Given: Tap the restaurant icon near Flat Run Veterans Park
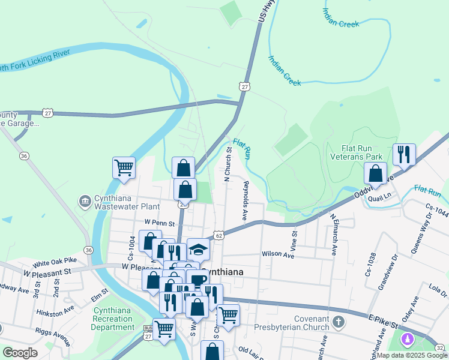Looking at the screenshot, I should pos(404,155).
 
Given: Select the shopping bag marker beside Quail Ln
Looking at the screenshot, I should pos(375,173).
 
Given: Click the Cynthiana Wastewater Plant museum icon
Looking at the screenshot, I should pos(85,200).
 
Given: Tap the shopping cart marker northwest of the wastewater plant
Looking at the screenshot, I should pos(124,167).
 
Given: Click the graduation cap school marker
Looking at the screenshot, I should pos(198,248).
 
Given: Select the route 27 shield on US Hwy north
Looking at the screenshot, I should pos(244,87).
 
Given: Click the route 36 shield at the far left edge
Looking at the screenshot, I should pos(24,156).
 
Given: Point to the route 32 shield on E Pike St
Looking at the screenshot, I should pos(440,348).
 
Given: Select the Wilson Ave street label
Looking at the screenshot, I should pos(277,254).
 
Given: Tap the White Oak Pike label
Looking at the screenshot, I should pos(55,262).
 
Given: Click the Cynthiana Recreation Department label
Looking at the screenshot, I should pos(113,319).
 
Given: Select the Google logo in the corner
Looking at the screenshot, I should pos(20,353).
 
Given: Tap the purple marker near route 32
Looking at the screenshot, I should pos(408,340).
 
